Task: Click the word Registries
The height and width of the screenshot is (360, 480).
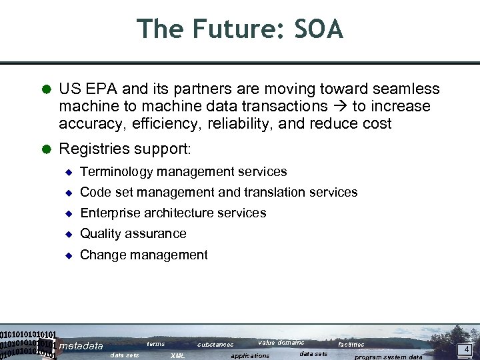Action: point(91,147)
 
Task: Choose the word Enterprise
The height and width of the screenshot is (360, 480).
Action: point(109,213)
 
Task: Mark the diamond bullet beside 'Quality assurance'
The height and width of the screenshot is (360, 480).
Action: point(67,234)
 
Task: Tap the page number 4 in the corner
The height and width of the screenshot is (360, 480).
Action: point(467,349)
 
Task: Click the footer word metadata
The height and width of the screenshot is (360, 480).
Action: point(81,346)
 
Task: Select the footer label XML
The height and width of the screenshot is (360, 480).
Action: point(178,356)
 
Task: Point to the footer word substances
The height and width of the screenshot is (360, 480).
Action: point(215,345)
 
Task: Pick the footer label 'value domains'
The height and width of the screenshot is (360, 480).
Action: point(281,343)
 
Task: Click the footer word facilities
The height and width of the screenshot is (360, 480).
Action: point(351,345)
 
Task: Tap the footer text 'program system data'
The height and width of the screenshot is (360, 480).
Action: point(388,357)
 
